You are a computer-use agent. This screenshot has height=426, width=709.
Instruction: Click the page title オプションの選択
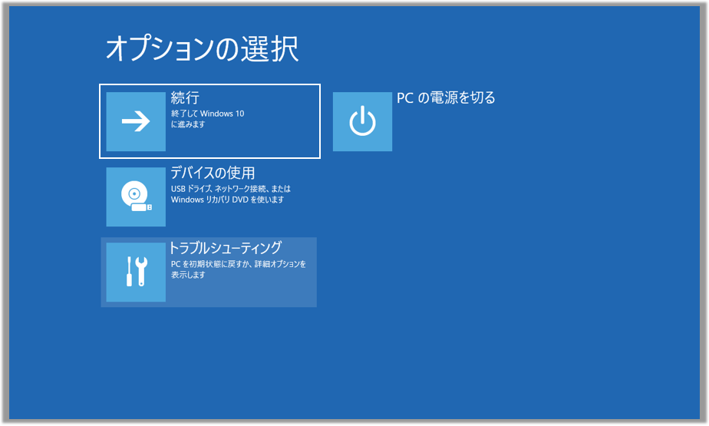(202, 48)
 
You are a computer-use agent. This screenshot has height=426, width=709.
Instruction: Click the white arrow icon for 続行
(136, 121)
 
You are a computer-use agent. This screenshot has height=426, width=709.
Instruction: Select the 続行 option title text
(185, 97)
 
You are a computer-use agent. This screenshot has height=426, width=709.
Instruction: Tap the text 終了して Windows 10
(207, 114)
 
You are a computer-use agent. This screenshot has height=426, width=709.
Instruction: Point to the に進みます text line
(188, 124)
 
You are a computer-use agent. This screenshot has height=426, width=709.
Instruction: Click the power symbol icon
(362, 121)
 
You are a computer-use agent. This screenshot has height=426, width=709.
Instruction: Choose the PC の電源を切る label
(446, 97)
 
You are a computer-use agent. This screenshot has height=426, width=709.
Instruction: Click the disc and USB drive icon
(136, 196)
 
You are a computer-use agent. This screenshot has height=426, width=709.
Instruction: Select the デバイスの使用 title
(213, 173)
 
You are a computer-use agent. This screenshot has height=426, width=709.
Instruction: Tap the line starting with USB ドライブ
(231, 189)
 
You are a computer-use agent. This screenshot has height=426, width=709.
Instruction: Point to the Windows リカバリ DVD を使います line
(227, 200)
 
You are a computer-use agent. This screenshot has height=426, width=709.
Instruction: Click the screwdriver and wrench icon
(137, 272)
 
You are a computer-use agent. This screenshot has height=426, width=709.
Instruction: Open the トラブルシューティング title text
(225, 248)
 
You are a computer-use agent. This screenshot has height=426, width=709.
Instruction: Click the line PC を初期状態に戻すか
(239, 263)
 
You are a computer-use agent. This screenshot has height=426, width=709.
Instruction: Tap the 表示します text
(188, 275)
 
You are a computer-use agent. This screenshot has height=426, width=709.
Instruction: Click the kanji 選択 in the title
(269, 48)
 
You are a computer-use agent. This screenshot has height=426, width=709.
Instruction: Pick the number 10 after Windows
(239, 114)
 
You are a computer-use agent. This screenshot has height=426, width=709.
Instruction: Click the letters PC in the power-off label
(405, 97)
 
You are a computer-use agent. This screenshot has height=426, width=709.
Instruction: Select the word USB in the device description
(178, 189)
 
